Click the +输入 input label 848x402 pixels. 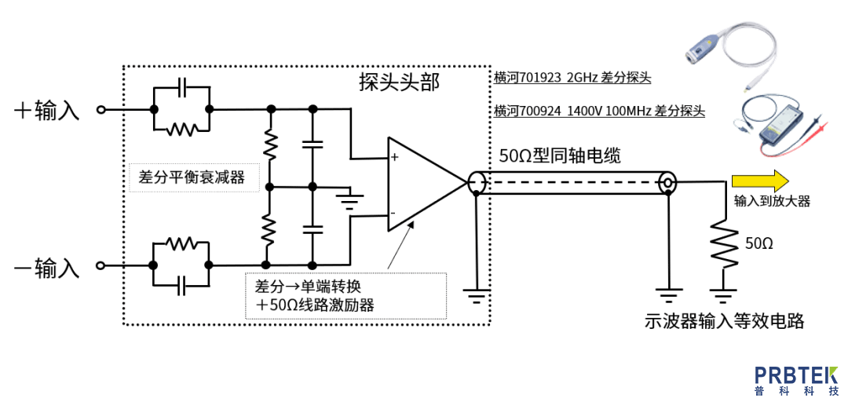click(x=47, y=110)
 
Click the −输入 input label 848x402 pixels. click(x=47, y=269)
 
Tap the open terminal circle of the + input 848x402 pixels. click(x=101, y=110)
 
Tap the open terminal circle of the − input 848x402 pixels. click(x=101, y=265)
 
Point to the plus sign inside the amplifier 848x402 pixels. click(x=395, y=158)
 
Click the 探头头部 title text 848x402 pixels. click(x=399, y=82)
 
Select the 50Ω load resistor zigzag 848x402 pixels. click(x=722, y=244)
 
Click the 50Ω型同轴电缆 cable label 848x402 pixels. click(x=560, y=155)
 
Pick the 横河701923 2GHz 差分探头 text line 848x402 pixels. click(x=572, y=78)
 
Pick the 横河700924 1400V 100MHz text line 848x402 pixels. click(x=599, y=111)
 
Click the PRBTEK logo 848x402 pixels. click(x=796, y=380)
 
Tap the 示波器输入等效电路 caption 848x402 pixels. click(x=723, y=321)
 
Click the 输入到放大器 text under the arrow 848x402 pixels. click(x=771, y=201)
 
